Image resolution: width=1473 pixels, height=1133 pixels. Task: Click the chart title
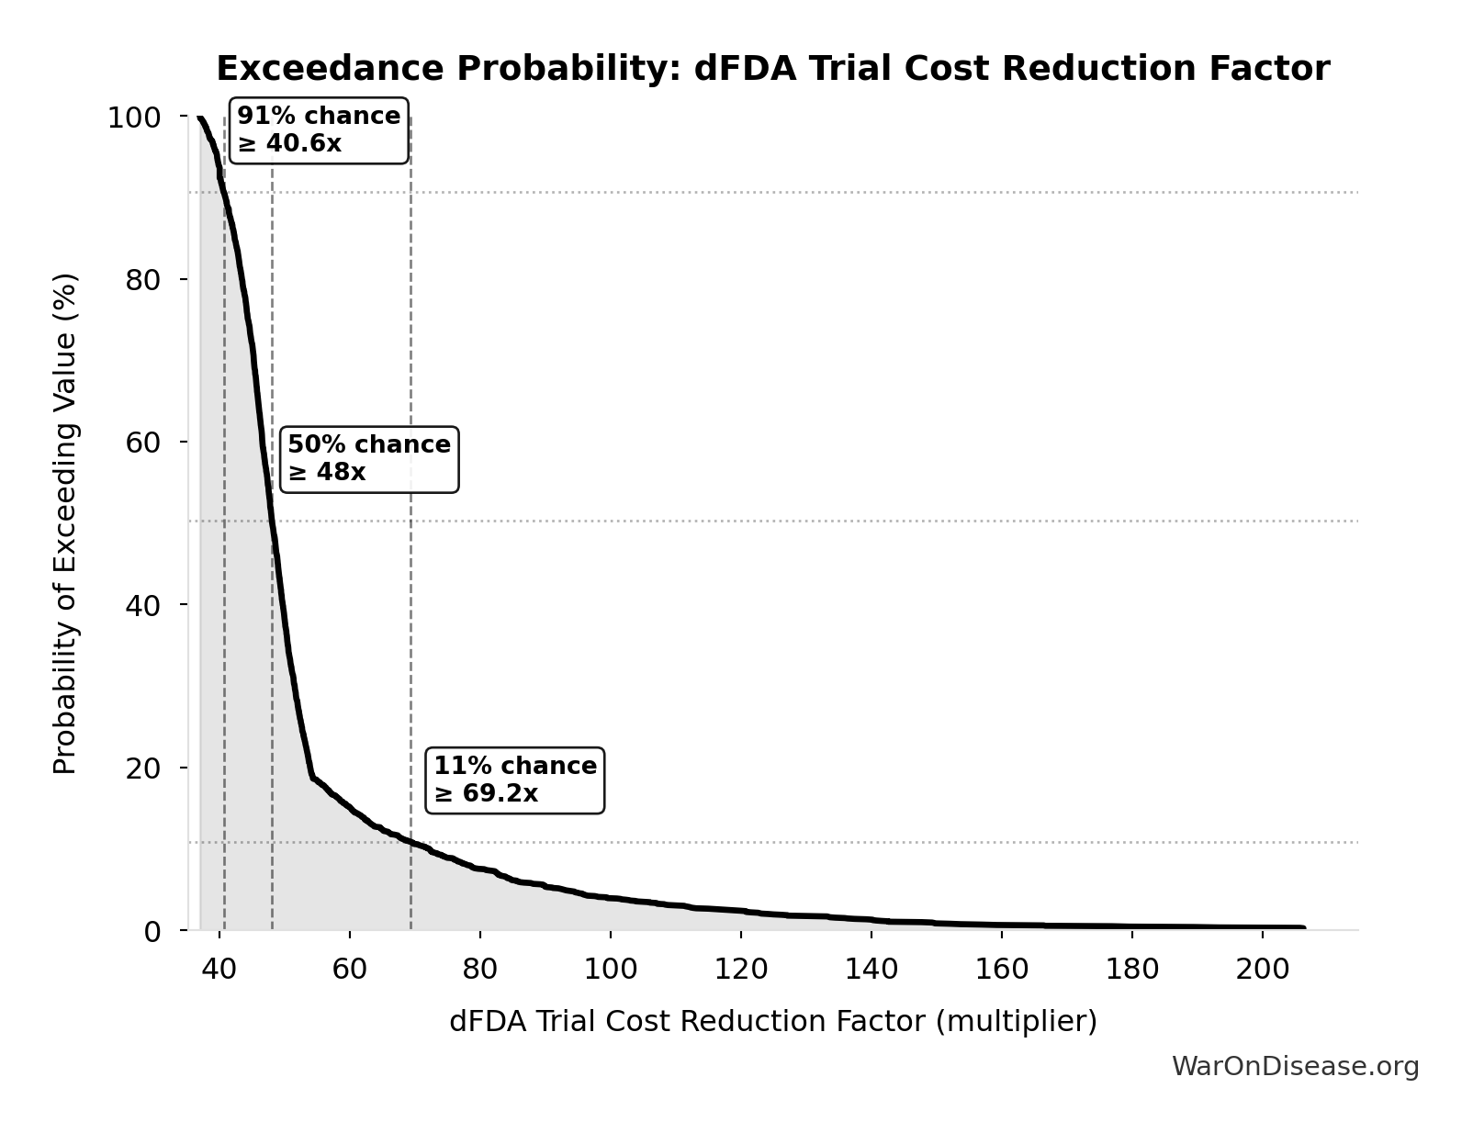point(772,69)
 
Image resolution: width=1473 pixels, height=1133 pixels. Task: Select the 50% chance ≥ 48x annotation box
point(368,459)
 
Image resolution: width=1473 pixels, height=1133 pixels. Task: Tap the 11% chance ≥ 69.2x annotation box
point(514,780)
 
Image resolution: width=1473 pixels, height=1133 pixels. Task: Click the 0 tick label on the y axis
point(152,931)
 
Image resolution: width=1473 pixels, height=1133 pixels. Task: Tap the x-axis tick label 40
point(219,970)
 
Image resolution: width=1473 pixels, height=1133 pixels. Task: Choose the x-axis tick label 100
point(610,970)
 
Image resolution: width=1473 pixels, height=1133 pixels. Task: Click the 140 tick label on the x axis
point(871,970)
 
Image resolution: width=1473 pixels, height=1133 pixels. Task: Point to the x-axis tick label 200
point(1262,970)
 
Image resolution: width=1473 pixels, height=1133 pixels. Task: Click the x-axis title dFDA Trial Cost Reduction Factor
point(772,1022)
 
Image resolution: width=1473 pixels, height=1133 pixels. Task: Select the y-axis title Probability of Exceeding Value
point(65,523)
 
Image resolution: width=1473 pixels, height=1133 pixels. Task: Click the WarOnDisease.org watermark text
point(1295,1067)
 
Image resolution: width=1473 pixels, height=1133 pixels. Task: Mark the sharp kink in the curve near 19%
point(313,778)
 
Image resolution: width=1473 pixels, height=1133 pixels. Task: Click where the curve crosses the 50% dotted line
point(272,521)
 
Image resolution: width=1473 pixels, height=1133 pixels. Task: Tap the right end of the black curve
point(1302,927)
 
